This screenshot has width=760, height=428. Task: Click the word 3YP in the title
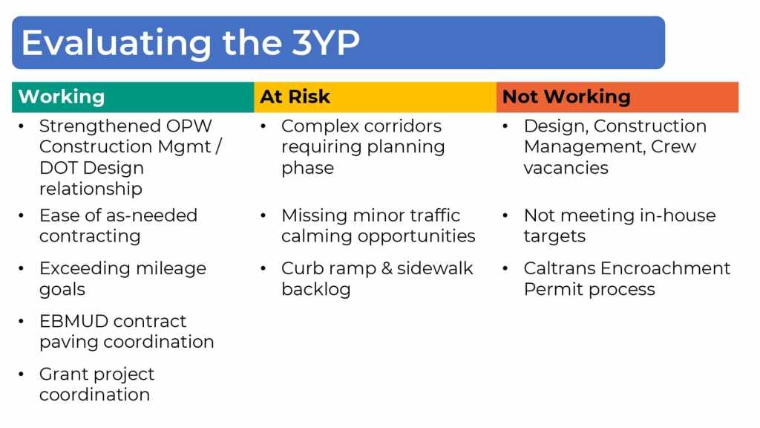click(x=326, y=42)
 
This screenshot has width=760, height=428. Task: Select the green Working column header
click(x=133, y=97)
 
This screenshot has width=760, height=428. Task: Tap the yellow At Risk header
click(x=375, y=97)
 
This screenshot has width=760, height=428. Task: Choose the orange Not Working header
click(x=617, y=97)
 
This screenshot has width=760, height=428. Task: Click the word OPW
click(x=189, y=126)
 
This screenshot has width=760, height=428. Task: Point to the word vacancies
click(x=566, y=168)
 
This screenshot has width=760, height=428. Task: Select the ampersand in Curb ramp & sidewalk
click(x=387, y=268)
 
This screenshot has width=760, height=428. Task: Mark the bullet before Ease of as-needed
click(x=21, y=215)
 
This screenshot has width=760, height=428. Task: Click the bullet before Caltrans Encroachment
click(x=505, y=268)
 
